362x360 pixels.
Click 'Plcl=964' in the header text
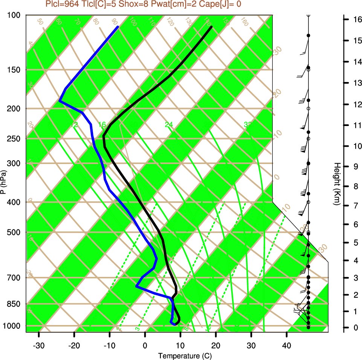[x=62, y=4]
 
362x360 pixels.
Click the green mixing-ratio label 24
[x=169, y=125]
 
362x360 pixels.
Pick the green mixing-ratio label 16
[x=102, y=125]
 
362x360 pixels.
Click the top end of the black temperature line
[x=212, y=27]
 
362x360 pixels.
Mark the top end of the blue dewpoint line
[x=118, y=27]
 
